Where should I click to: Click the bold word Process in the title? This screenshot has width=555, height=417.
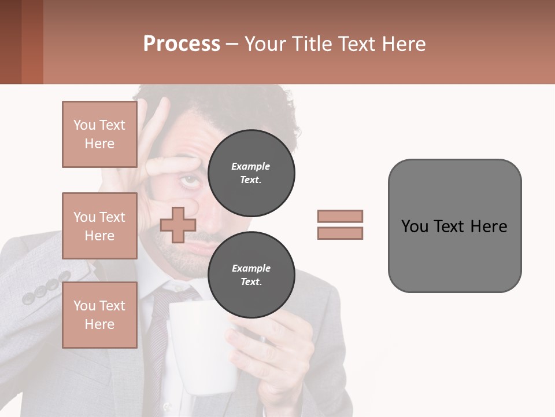[x=182, y=44]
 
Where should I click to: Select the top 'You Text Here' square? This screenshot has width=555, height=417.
[x=99, y=134]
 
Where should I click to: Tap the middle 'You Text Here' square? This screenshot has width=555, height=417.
[x=99, y=226]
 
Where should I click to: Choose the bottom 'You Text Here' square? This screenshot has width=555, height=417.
[x=99, y=314]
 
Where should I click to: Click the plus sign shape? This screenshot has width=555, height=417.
[x=177, y=225]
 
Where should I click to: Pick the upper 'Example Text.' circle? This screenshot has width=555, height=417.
[x=251, y=173]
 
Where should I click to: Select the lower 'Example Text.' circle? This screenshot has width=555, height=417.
[x=251, y=275]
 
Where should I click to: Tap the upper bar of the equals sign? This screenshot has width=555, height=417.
[x=340, y=216]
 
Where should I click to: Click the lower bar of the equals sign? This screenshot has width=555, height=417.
[x=340, y=233]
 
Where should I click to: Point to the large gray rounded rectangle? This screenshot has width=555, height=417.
[x=454, y=226]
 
